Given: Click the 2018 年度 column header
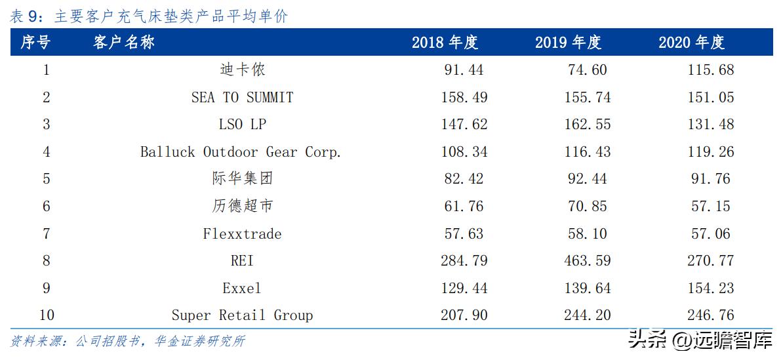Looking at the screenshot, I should click(x=445, y=43).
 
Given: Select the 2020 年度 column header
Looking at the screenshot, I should click(x=691, y=43).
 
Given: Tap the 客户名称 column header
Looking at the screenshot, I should click(x=124, y=43).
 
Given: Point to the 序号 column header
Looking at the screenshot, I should click(x=35, y=43).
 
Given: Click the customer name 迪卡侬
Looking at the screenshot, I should click(x=242, y=70).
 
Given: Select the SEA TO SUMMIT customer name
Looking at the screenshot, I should click(x=242, y=97).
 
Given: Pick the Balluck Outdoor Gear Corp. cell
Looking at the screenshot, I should click(x=241, y=151).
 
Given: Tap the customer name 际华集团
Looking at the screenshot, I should click(x=242, y=178).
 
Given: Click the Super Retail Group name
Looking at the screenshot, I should click(x=242, y=315).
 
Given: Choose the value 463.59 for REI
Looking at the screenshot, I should click(x=587, y=261).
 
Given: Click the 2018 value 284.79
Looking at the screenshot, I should click(x=464, y=261).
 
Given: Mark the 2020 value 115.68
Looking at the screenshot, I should click(x=711, y=70).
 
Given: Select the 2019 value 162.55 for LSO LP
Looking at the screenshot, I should click(x=587, y=125).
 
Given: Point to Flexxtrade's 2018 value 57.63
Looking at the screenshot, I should click(x=464, y=233).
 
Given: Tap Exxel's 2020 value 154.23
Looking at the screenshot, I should click(x=711, y=288).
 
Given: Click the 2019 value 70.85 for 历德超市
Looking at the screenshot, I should click(x=587, y=206).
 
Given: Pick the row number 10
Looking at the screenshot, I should click(x=46, y=315).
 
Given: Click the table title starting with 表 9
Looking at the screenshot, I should click(x=149, y=16).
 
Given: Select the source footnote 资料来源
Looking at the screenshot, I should click(x=128, y=341).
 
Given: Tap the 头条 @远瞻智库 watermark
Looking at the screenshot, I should click(x=700, y=340).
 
